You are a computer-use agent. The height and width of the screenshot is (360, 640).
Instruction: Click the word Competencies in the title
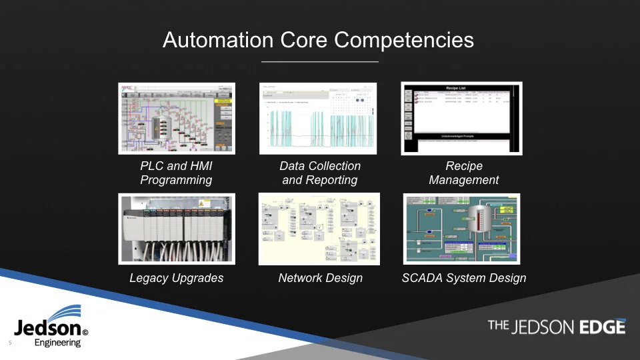(x=404, y=40)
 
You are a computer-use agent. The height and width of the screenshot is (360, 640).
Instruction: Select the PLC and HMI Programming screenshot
(x=177, y=119)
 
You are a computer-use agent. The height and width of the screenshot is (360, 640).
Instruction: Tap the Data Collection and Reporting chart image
(x=318, y=119)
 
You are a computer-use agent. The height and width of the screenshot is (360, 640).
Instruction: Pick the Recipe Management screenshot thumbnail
(x=461, y=119)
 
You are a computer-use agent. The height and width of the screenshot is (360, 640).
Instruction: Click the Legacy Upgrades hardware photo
(x=176, y=228)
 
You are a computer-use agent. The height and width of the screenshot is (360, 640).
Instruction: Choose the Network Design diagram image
(x=319, y=229)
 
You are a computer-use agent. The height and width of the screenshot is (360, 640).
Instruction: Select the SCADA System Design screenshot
(x=462, y=228)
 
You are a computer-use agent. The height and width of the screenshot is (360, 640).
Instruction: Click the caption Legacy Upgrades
(x=176, y=278)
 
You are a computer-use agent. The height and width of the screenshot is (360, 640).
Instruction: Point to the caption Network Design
(x=320, y=278)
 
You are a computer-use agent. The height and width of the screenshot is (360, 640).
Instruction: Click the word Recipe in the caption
(x=463, y=166)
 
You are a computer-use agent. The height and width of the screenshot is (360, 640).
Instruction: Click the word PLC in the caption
(x=153, y=166)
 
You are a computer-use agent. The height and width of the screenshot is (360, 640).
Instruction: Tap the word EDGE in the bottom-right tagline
(x=602, y=327)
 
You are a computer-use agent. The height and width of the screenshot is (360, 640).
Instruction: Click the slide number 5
(x=10, y=343)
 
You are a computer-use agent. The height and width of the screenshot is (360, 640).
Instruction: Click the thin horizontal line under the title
(x=320, y=62)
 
